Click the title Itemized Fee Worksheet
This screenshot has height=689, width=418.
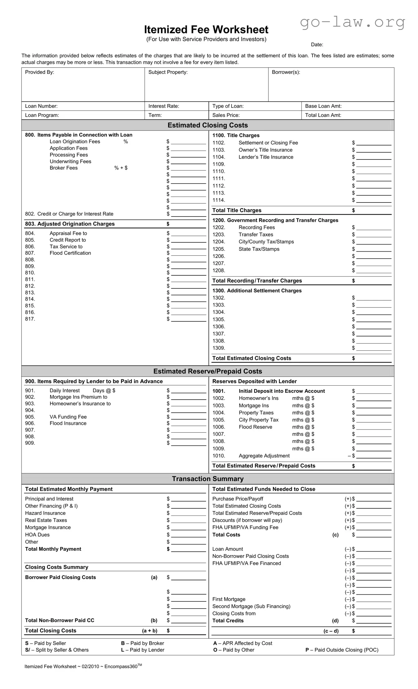coord(206,30)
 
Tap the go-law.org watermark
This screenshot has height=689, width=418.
coord(352,22)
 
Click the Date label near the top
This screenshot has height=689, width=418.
coord(317,45)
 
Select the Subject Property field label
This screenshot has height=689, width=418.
coord(168,72)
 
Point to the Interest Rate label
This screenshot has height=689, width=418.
coord(164,106)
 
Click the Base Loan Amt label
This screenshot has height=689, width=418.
coord(323,106)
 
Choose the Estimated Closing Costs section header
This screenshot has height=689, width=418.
coord(208,125)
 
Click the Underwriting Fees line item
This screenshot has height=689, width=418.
coord(70,161)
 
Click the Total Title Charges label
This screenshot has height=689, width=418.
coord(237,210)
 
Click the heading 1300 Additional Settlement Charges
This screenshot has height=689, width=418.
coord(257,291)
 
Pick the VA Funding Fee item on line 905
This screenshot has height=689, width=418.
coord(68,417)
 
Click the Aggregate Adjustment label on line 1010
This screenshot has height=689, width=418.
coord(264,456)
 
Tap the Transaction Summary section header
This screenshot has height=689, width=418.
coord(208,479)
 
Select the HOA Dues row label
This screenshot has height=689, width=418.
coord(37,535)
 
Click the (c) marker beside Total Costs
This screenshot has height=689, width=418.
coord(335,535)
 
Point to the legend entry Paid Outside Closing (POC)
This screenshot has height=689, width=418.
coord(342,650)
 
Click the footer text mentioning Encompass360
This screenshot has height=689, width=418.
coord(83,666)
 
